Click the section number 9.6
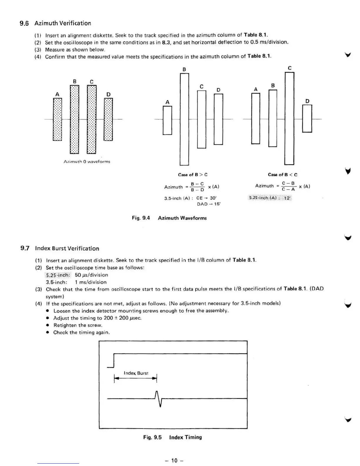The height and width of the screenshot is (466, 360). tap(24, 23)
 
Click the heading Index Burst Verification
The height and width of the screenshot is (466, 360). tap(67, 249)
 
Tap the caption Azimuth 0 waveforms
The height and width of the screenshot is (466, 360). tap(87, 162)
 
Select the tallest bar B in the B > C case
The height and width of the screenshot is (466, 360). tap(184, 119)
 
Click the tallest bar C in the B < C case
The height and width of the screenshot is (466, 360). tap(289, 118)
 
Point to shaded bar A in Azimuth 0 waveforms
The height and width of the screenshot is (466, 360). tap(57, 119)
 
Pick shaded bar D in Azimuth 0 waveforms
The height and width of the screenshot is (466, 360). tap(108, 119)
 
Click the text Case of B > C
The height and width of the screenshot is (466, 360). tap(193, 175)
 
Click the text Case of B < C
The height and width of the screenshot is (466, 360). tap(282, 175)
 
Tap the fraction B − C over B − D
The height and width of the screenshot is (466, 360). tap(197, 187)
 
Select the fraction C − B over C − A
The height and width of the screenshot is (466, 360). tap(288, 186)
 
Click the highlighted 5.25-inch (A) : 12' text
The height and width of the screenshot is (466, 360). tap(270, 198)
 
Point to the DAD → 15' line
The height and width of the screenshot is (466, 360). tap(209, 204)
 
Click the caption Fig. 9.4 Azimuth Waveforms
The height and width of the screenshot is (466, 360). tap(169, 218)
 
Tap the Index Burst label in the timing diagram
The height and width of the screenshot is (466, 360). tap(136, 373)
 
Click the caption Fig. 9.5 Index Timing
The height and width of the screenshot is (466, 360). tap(172, 437)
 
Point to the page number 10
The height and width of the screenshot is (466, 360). tap(174, 460)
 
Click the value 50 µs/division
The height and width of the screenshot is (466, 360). tap(91, 275)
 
